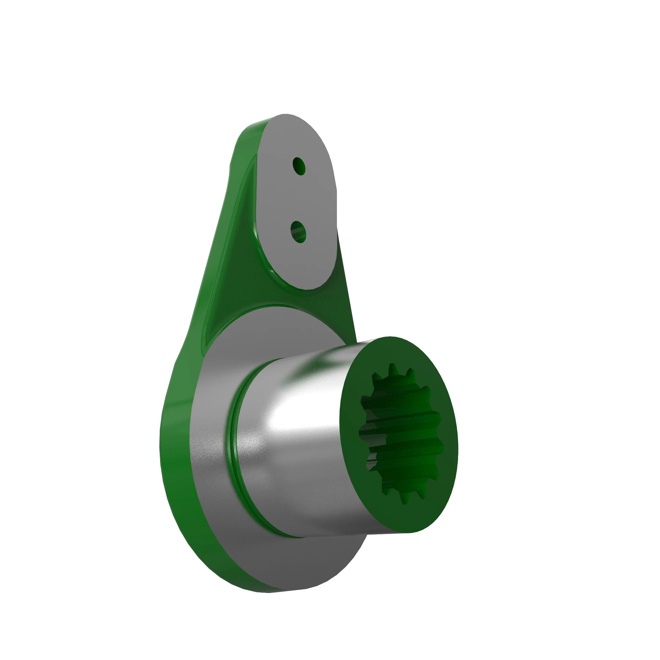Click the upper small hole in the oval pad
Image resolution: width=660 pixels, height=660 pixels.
pyautogui.click(x=299, y=166)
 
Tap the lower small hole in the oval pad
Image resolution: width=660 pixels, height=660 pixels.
pyautogui.click(x=298, y=231)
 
